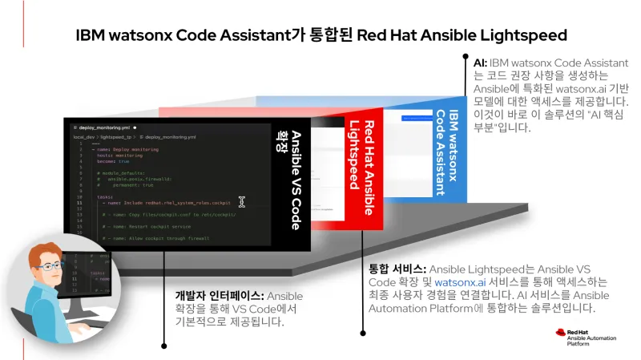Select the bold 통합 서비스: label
397,269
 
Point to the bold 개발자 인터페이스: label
218,297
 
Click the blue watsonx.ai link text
456,282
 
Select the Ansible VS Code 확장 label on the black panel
289,180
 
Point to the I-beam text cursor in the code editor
241,202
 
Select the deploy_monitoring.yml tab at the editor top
104,127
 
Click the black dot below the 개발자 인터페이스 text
164,346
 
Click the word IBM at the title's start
90,35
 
